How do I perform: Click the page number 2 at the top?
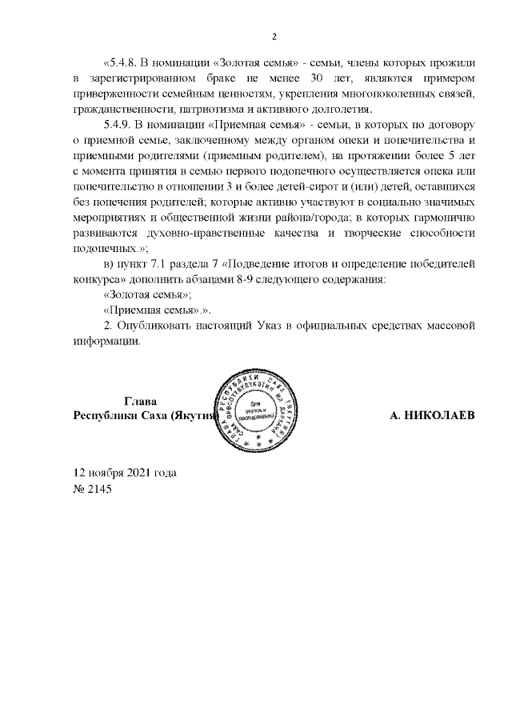(274, 37)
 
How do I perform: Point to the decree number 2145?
(101, 487)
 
